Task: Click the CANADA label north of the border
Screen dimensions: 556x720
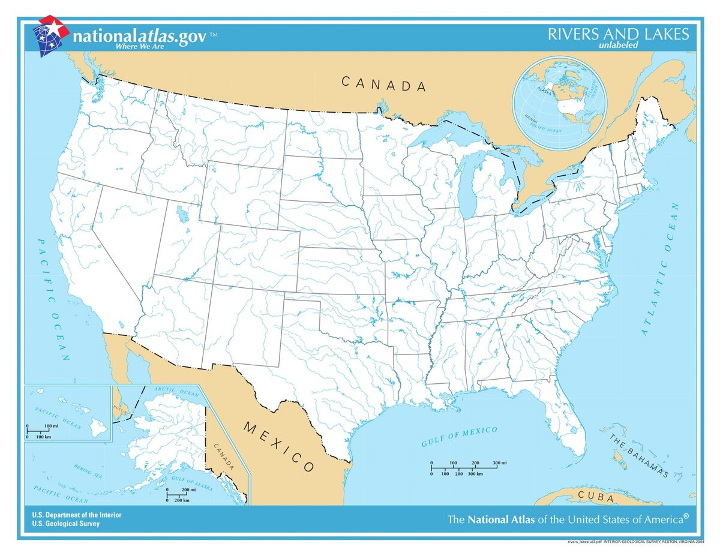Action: (384, 85)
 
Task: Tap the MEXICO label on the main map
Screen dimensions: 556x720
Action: (279, 446)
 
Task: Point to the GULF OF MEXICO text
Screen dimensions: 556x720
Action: (459, 437)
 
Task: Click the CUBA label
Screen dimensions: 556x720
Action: (596, 497)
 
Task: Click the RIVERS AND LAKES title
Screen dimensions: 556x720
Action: (618, 34)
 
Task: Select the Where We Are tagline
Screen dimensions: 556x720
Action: (140, 46)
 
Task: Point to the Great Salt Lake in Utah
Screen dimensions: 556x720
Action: (180, 213)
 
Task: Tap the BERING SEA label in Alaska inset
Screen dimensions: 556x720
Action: (88, 469)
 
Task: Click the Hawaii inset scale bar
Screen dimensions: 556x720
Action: (43, 431)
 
